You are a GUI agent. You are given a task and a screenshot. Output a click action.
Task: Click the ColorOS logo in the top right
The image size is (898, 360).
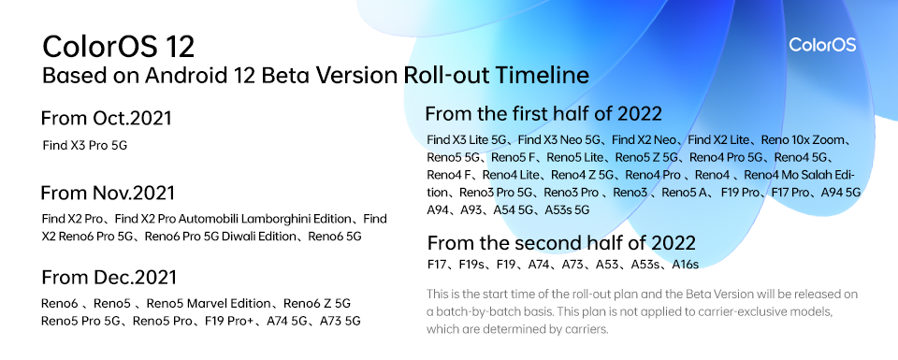(822, 45)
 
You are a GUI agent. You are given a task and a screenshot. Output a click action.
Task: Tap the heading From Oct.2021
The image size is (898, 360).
(106, 119)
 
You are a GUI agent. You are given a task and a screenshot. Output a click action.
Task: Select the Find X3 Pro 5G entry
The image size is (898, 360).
(85, 145)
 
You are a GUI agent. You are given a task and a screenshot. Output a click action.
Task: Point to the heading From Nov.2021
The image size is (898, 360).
(107, 193)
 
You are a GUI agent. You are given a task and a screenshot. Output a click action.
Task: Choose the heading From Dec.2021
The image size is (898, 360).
(109, 278)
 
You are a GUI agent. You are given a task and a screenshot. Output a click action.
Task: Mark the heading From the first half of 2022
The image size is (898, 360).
(543, 113)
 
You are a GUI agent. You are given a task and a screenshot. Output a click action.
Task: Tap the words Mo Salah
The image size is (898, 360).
(810, 175)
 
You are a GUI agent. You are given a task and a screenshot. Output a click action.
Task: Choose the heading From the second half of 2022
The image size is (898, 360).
(561, 243)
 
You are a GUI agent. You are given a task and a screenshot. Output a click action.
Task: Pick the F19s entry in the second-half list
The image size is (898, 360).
(472, 264)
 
